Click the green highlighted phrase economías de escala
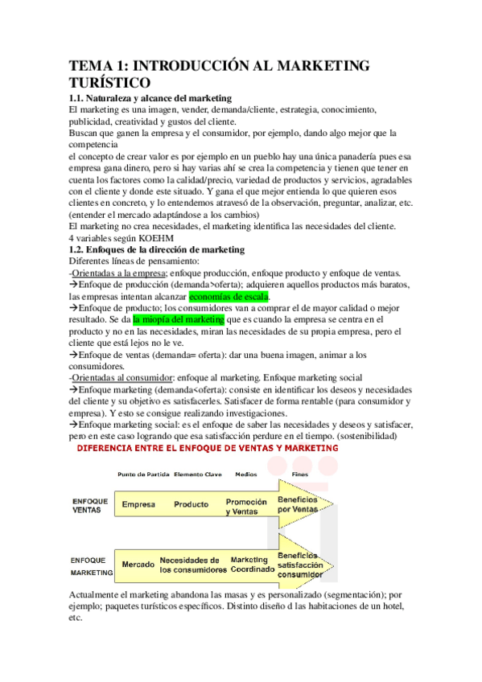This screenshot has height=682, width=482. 229,297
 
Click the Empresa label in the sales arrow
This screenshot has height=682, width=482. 138,505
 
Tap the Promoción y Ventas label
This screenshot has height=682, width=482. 246,506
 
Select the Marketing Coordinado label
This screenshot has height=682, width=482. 249,564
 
